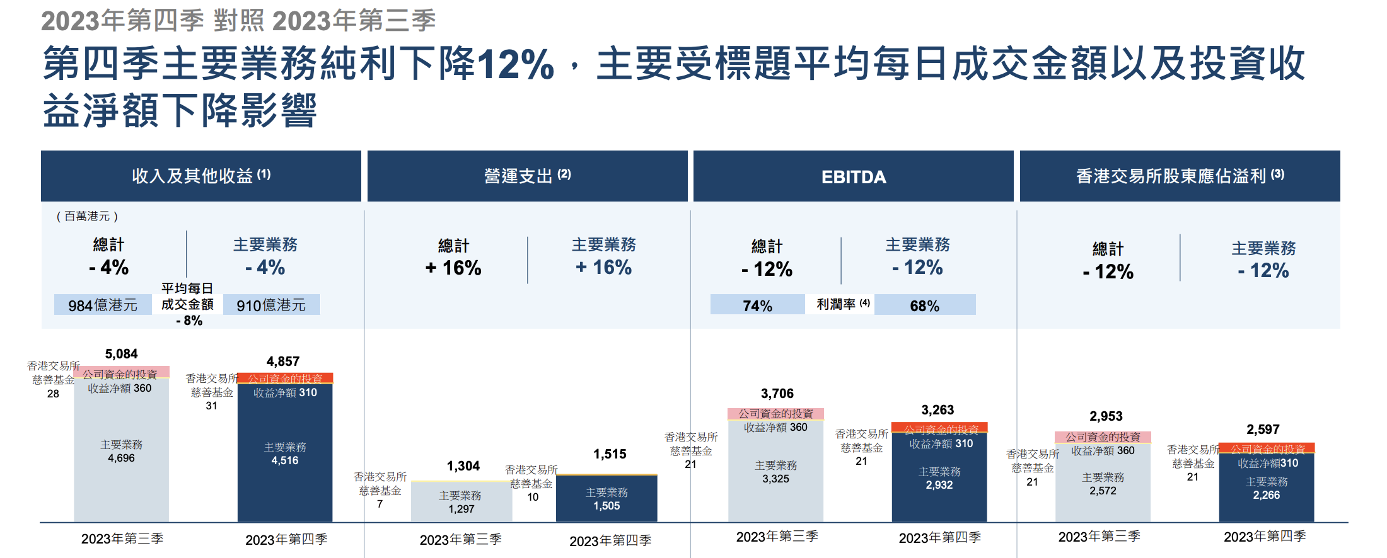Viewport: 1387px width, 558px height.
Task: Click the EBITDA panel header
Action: [x=853, y=177]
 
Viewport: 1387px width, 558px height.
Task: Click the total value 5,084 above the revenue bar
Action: [x=121, y=354]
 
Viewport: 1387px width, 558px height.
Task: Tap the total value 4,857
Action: [x=283, y=362]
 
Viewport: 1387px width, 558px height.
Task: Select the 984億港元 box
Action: [x=103, y=305]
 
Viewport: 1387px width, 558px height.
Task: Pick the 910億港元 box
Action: [x=271, y=305]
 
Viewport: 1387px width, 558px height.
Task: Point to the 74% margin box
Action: [x=757, y=305]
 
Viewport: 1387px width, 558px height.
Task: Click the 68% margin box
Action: [x=924, y=305]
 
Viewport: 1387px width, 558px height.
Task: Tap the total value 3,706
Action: [x=777, y=394]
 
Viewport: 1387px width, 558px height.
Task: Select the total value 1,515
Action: [x=610, y=454]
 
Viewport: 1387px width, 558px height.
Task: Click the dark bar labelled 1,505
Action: [x=606, y=499]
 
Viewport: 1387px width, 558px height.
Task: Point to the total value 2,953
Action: [x=1106, y=416]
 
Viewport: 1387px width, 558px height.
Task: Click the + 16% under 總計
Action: [x=453, y=268]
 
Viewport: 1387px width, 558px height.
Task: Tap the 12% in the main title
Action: [x=515, y=64]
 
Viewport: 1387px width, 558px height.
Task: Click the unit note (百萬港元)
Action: [x=87, y=217]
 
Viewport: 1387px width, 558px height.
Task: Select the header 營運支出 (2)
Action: [x=527, y=176]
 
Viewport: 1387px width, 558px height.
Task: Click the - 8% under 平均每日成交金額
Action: [x=189, y=321]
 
